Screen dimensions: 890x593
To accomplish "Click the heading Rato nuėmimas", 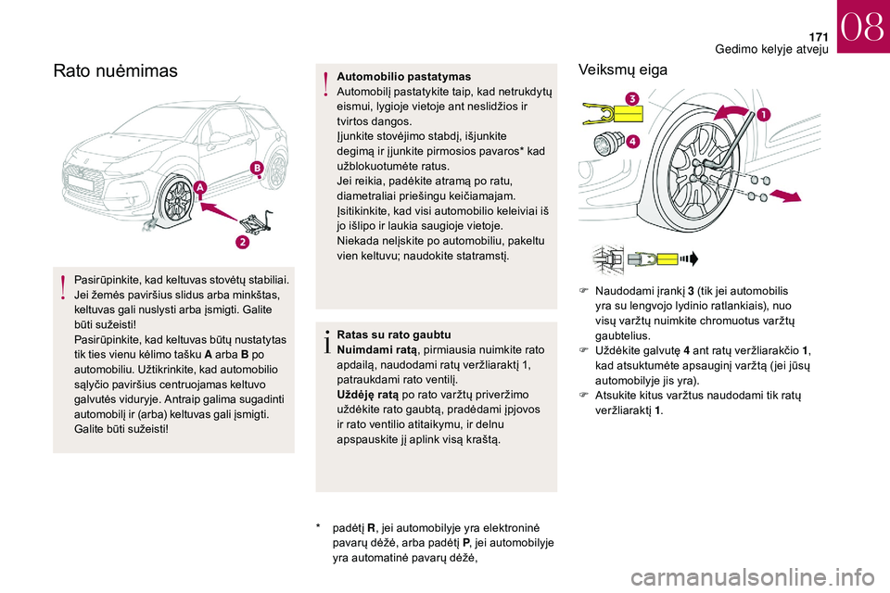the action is (115, 71).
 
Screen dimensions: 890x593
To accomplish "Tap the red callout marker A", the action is (200, 187).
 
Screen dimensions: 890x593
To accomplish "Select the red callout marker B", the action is (257, 168).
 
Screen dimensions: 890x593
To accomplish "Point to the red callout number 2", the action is (242, 243).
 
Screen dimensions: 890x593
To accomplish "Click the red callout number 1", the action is (763, 115).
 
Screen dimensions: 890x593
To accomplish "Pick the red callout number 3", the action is (631, 99).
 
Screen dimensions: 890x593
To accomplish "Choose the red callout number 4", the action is (633, 141).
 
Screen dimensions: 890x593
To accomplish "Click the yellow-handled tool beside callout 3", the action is (613, 114).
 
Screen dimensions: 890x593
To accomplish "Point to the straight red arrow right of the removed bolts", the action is (785, 196).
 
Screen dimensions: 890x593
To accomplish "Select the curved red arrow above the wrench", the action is (734, 111).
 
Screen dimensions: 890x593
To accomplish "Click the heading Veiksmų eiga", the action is (623, 69).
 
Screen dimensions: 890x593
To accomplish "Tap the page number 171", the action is (819, 37).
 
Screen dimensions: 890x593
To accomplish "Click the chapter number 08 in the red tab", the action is (862, 27).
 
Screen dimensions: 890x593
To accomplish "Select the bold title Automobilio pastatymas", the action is (403, 77).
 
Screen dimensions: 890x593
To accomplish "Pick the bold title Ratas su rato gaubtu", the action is (394, 334).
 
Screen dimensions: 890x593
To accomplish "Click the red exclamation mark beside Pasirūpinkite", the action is (64, 286).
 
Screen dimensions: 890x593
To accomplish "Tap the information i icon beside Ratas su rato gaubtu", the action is (326, 341).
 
